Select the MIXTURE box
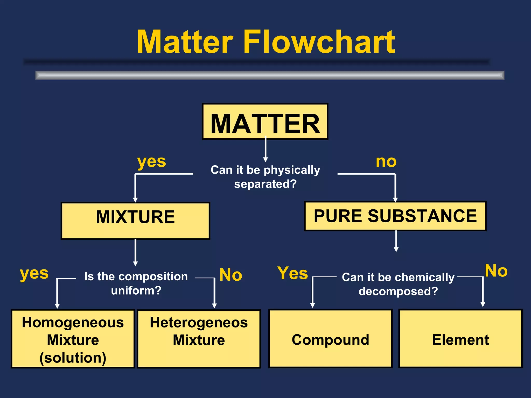click(135, 221)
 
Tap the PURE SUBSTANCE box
click(395, 216)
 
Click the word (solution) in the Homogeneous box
click(73, 358)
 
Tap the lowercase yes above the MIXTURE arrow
click(152, 162)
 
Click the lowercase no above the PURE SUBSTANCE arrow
click(386, 162)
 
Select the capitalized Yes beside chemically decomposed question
click(292, 273)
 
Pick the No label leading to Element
click(496, 271)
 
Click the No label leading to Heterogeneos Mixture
click(230, 275)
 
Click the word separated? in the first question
click(265, 184)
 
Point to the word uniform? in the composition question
click(136, 290)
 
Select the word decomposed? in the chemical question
click(398, 291)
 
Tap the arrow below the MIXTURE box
click(135, 253)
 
